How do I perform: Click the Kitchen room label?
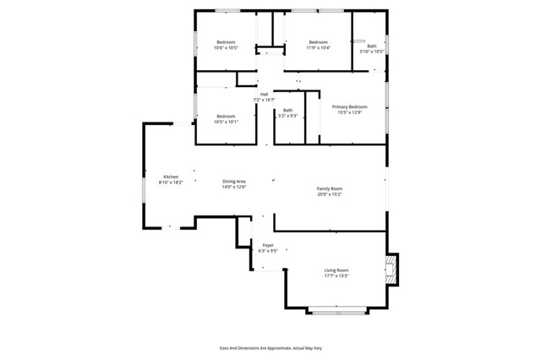coord(170,177)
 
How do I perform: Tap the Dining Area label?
coord(234,182)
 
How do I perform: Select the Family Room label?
coord(330,188)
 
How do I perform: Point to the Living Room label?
coord(336,270)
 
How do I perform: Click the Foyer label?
coord(267,245)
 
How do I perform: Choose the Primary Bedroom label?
coord(349,106)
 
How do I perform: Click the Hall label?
coord(264,94)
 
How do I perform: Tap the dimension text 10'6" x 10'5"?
coord(226,48)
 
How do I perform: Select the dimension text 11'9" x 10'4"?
coord(318,48)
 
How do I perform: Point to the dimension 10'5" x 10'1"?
coord(225,122)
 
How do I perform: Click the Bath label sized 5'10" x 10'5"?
coord(372,46)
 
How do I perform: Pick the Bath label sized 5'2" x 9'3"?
coord(288,110)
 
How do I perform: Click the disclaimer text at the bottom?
coord(270,347)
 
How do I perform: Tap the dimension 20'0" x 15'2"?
coord(330,194)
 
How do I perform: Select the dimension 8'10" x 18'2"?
coord(170,183)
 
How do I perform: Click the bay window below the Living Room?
coord(337,313)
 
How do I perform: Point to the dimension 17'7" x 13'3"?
coord(336,275)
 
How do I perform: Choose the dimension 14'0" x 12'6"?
coord(234,188)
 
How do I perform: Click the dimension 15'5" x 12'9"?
coord(349,112)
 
